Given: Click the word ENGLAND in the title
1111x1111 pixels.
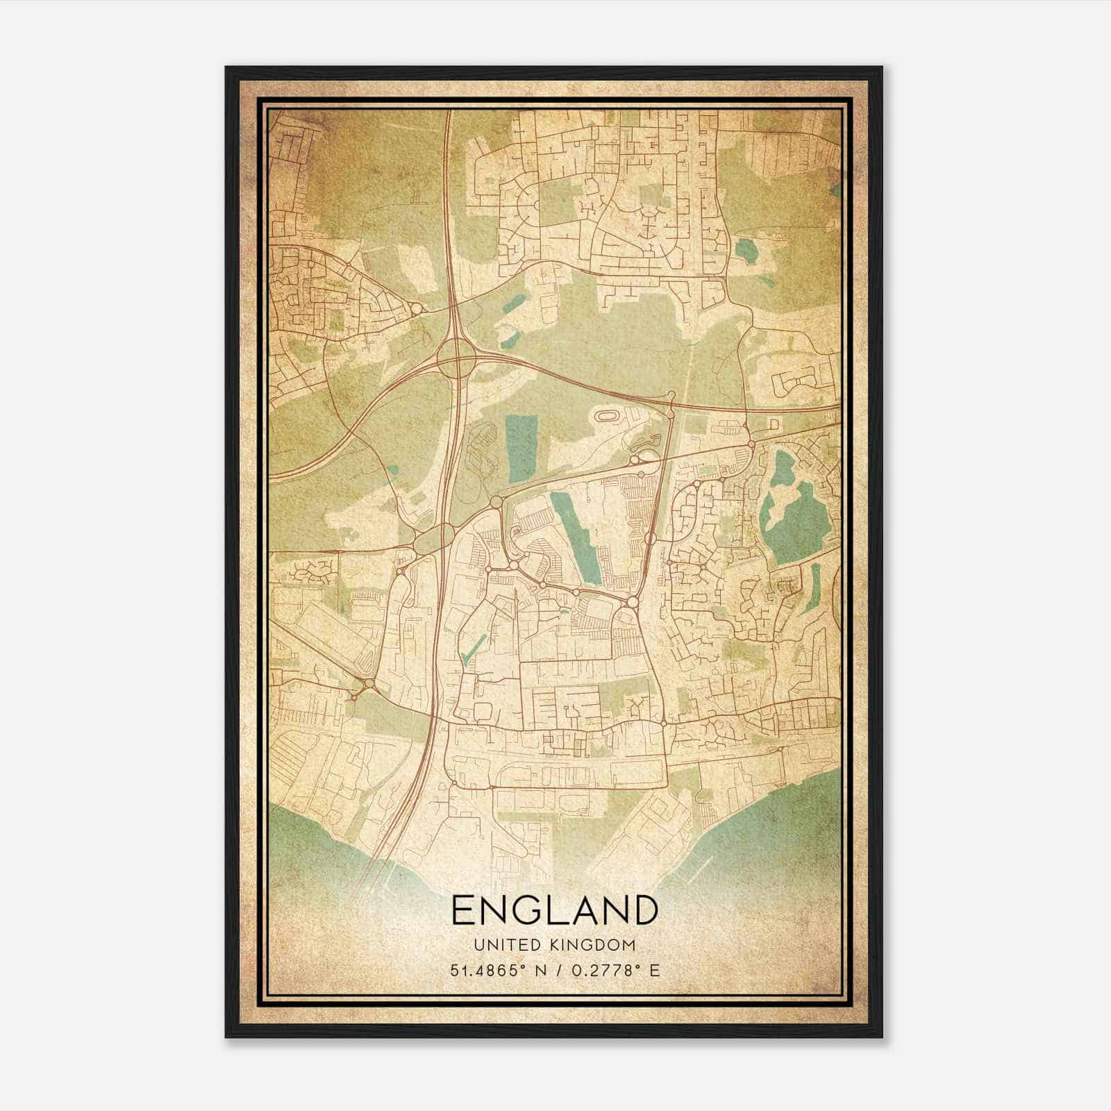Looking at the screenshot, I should tap(554, 910).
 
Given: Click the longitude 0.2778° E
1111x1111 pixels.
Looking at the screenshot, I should tap(611, 970).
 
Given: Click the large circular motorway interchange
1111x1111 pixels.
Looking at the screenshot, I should tap(457, 358).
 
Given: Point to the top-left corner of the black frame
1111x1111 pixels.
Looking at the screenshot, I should tap(227, 68).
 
